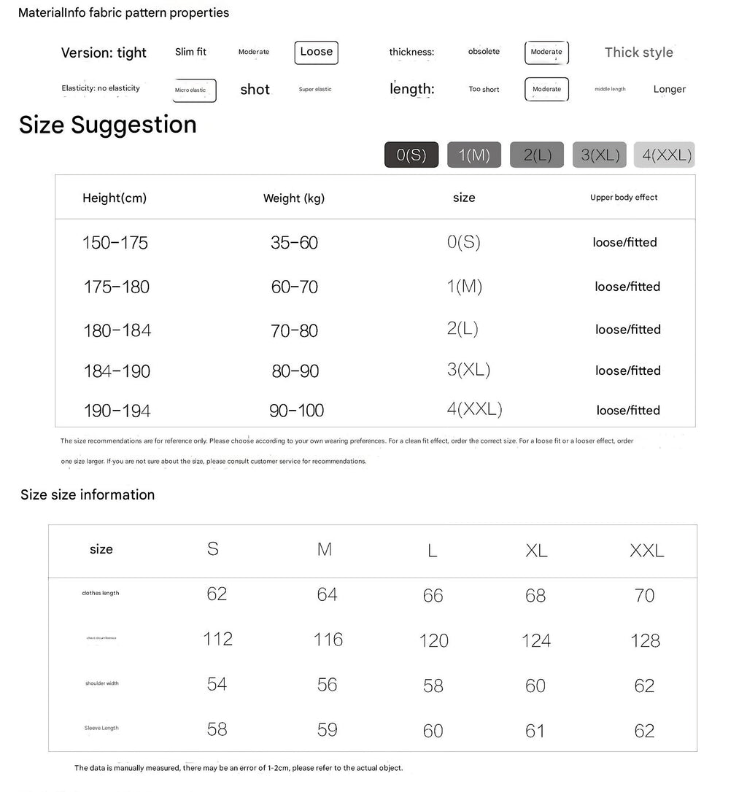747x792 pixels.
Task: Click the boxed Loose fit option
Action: click(316, 52)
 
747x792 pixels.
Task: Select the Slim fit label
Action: click(190, 52)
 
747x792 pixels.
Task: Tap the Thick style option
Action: click(638, 52)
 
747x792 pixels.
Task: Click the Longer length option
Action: click(669, 89)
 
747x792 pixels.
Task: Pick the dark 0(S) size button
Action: click(411, 155)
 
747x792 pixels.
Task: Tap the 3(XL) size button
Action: click(600, 155)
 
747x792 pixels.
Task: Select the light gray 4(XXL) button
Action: click(664, 155)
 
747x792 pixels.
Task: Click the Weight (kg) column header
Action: click(294, 198)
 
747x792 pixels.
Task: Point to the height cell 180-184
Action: click(117, 330)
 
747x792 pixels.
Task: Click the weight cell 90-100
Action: click(296, 411)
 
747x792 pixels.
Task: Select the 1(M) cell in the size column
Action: click(464, 287)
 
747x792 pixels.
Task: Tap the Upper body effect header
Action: click(624, 198)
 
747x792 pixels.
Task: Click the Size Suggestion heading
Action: click(108, 125)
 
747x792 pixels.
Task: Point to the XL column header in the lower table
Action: click(536, 551)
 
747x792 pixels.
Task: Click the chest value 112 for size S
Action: click(217, 639)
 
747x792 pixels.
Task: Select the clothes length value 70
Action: click(644, 596)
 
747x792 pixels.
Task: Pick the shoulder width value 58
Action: click(433, 686)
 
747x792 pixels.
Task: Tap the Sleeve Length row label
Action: click(101, 728)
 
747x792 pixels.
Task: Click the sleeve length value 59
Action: click(327, 729)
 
